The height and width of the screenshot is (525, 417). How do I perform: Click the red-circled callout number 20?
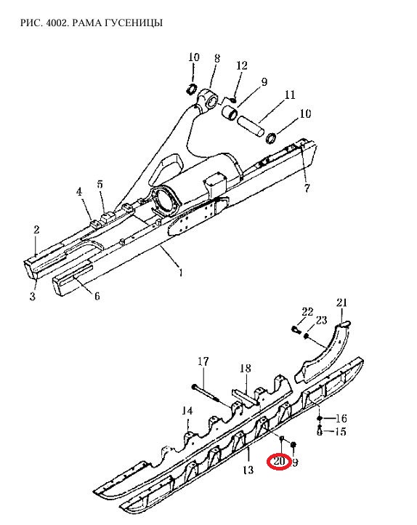pyautogui.click(x=279, y=462)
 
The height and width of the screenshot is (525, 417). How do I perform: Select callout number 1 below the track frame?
pyautogui.click(x=181, y=273)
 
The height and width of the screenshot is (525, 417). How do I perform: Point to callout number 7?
pyautogui.click(x=307, y=188)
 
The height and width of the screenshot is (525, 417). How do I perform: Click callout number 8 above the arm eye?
pyautogui.click(x=217, y=59)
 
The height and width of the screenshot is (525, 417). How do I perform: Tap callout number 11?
pyautogui.click(x=290, y=95)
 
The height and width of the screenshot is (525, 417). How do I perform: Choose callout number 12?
pyautogui.click(x=242, y=65)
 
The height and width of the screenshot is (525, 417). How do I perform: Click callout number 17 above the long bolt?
pyautogui.click(x=203, y=361)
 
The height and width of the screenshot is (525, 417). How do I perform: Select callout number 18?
pyautogui.click(x=245, y=369)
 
